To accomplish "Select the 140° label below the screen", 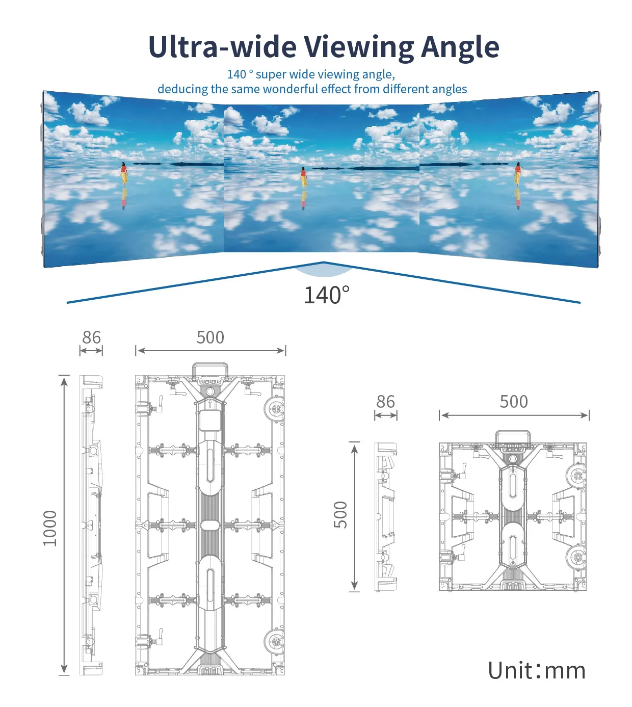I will [327, 295].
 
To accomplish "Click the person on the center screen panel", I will [303, 178].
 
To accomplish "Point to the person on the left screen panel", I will [123, 174].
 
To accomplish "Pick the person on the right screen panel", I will [518, 175].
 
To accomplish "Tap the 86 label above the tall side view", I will [91, 337].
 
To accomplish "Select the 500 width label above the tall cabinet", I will [210, 337].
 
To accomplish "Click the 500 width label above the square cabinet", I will [514, 402].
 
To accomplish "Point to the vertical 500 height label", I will [340, 515].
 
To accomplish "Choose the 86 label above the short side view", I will [385, 402].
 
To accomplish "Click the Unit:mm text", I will [537, 670].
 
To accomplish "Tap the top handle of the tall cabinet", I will [209, 370].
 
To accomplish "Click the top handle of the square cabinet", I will [513, 437].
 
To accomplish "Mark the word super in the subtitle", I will [271, 74].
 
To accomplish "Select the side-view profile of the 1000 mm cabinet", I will [91, 525].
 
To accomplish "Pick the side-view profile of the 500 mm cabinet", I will [386, 517].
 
